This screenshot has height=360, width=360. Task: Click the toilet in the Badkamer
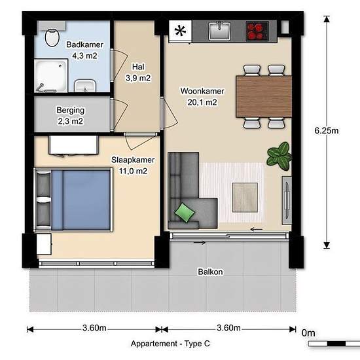point(52,38)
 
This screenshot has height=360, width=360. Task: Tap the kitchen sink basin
point(219,31)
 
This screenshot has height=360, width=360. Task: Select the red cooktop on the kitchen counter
point(257,31)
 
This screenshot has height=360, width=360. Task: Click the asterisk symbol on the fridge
point(180,31)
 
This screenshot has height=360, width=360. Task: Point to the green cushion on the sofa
point(185,213)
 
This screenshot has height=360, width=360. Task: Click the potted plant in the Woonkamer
point(279,156)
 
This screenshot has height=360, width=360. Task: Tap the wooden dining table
point(264,96)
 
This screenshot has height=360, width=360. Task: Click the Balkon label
point(210,272)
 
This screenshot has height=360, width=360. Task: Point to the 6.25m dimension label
point(326,131)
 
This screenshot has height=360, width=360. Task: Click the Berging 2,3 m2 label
point(71,116)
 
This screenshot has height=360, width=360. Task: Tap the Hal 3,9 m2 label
point(138,73)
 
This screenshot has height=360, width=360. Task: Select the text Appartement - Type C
point(170,344)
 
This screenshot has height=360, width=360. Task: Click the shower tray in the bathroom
point(51,75)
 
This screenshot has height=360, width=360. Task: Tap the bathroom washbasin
point(85,86)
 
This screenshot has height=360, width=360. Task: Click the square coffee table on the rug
point(245,197)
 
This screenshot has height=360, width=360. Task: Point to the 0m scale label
point(308,333)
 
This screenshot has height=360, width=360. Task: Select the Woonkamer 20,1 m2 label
point(202,97)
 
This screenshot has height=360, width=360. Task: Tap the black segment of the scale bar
point(336,344)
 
